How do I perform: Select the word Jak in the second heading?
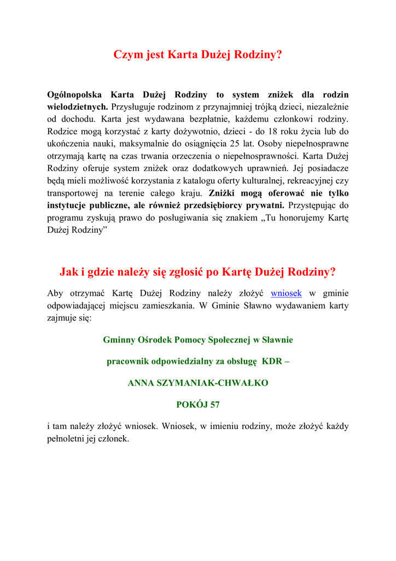(68, 272)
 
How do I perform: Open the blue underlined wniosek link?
(286, 294)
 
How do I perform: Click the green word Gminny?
(120, 340)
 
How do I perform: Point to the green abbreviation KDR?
(271, 362)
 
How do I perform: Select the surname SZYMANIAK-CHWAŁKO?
(219, 383)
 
